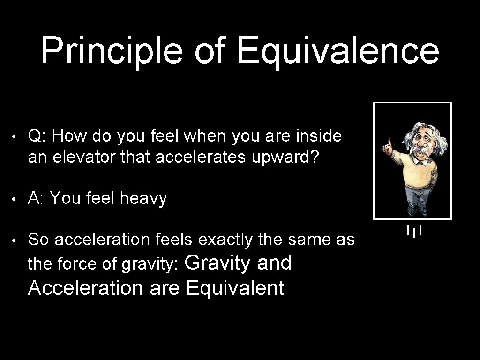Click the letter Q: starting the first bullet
37,136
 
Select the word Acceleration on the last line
85,287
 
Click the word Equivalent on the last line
235,287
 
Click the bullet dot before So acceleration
15,240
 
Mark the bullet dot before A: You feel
15,199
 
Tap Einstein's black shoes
417,211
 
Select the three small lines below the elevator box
414,231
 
